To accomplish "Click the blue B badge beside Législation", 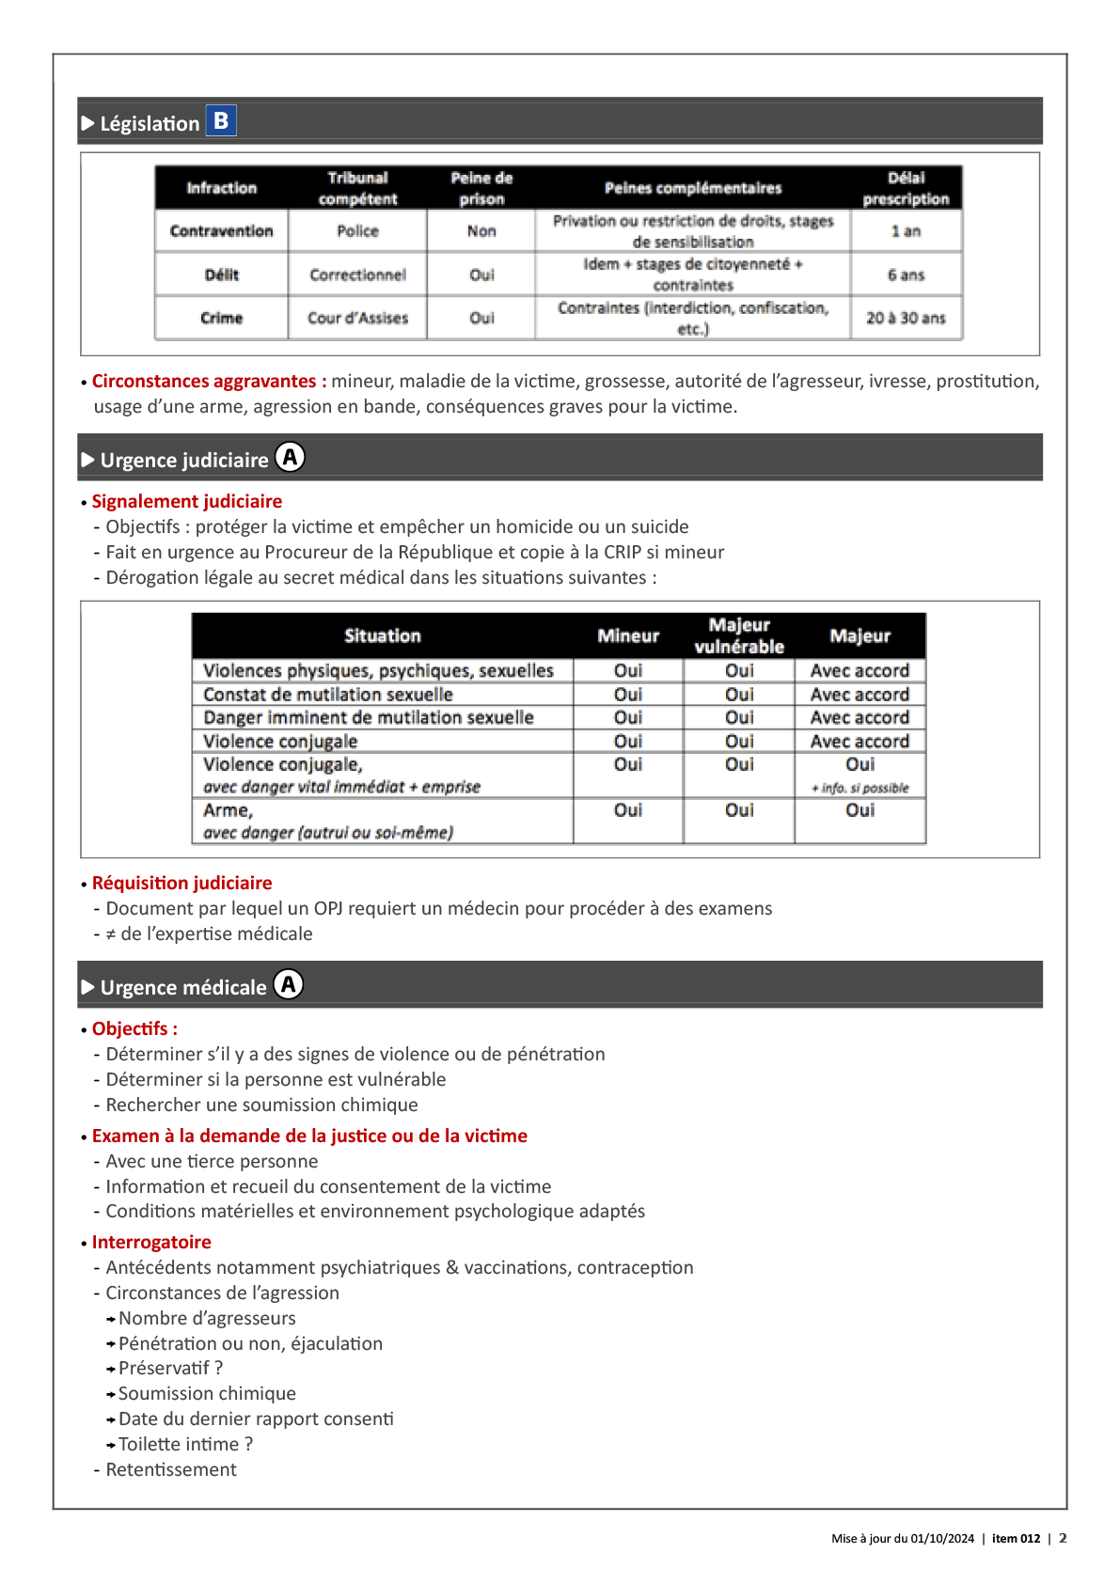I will (221, 120).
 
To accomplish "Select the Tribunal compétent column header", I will (357, 188).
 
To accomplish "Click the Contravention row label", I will (221, 231).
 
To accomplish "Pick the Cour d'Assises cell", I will (357, 319).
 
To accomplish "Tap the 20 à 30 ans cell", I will (906, 319).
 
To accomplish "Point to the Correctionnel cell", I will (357, 275).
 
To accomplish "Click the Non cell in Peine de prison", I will (481, 231).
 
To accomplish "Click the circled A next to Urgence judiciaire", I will (291, 458).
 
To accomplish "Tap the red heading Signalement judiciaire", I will (186, 502).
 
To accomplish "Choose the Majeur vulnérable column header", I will (739, 636).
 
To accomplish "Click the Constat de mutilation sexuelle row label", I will (328, 695).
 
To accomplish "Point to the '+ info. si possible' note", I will (860, 789).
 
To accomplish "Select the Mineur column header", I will (628, 636).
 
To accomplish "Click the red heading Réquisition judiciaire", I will (181, 884).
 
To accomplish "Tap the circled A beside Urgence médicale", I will (289, 985).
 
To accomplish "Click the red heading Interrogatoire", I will (151, 1243).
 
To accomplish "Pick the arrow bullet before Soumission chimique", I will (111, 1395).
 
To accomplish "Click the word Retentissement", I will (171, 1470).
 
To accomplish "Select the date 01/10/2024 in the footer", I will (942, 1539).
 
